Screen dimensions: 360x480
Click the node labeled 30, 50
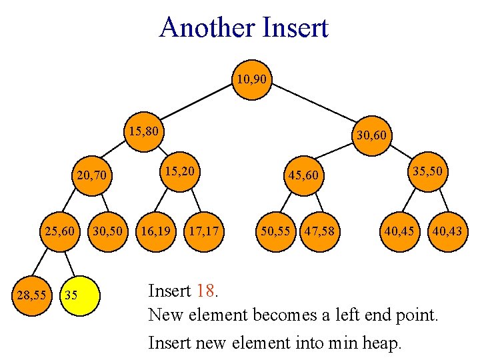click(108, 232)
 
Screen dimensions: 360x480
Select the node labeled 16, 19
click(155, 232)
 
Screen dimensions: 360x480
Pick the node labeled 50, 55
click(275, 232)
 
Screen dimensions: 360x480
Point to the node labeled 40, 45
click(399, 232)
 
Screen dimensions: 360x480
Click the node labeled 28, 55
click(32, 293)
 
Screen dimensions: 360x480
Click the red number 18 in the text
click(207, 291)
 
